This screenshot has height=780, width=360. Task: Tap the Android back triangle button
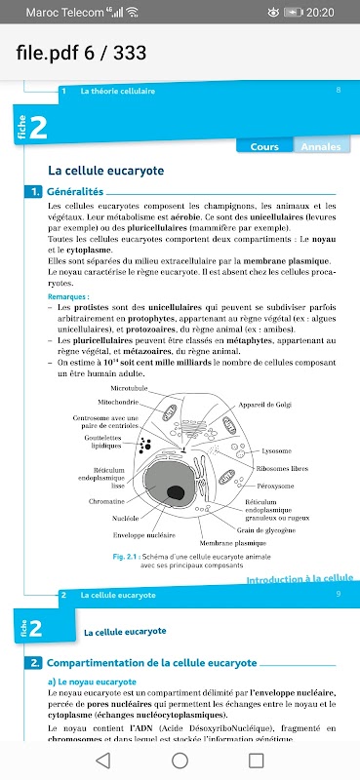click(x=102, y=760)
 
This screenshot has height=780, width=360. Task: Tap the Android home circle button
click(x=180, y=760)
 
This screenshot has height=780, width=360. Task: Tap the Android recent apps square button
click(x=256, y=760)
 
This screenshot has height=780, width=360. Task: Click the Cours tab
click(x=264, y=147)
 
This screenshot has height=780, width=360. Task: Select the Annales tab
click(x=321, y=147)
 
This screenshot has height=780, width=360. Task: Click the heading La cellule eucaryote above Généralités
click(x=106, y=171)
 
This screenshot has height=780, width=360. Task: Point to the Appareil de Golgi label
click(x=265, y=405)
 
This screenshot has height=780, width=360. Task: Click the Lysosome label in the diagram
click(x=277, y=450)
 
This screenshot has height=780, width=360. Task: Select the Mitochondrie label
click(x=118, y=402)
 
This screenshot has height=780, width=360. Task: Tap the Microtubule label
click(x=129, y=387)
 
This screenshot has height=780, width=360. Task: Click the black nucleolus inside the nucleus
click(x=176, y=492)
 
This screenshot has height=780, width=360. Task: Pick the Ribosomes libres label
click(x=282, y=468)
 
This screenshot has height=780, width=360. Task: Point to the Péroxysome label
click(x=275, y=485)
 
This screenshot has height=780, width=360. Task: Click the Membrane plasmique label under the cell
click(x=233, y=543)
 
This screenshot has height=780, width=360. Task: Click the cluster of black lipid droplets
click(x=145, y=445)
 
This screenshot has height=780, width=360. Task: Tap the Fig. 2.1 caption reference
click(x=125, y=557)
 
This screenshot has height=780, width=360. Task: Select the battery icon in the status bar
click(x=294, y=13)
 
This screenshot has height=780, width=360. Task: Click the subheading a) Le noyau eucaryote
click(x=92, y=682)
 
